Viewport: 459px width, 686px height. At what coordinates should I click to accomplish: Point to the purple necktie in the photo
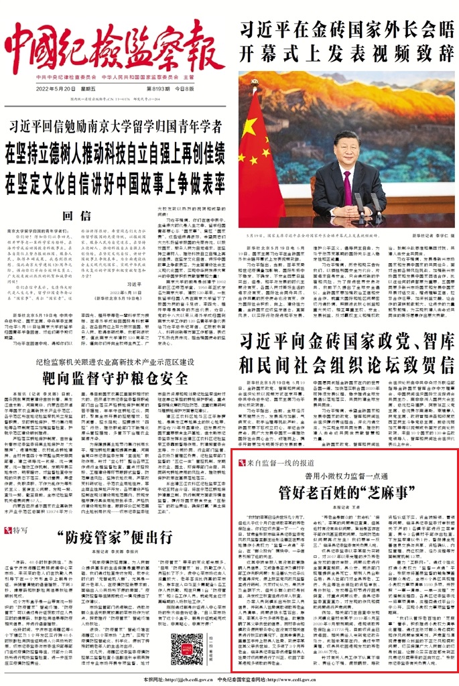347,188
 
